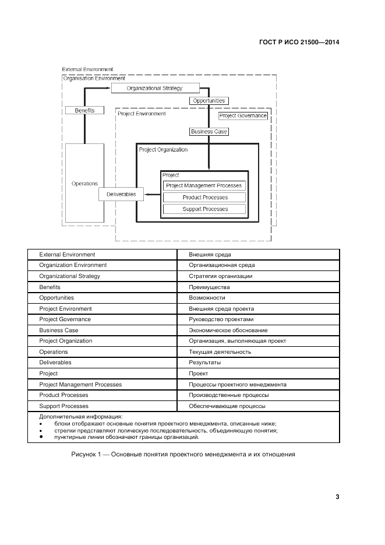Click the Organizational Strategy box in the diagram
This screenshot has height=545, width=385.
pos(155,89)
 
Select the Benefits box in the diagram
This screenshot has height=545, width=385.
pos(84,110)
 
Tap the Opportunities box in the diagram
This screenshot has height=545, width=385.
pos(208,101)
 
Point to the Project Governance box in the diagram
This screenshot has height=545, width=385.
pos(243,116)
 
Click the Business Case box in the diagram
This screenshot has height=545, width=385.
pos(209,132)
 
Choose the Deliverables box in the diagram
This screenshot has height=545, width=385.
pos(121,194)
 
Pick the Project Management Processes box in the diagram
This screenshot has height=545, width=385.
pos(204,186)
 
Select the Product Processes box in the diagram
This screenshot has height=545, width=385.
pos(204,198)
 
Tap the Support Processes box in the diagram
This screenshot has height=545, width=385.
pos(204,209)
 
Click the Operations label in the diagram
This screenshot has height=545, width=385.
pos(84,184)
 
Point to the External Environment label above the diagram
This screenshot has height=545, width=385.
pos(87,69)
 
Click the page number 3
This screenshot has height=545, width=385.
pos(337,497)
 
